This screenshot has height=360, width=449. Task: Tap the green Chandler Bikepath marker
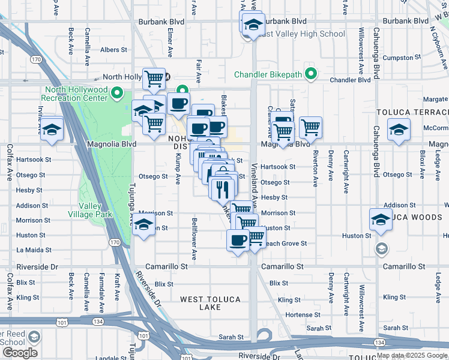pos(310,74)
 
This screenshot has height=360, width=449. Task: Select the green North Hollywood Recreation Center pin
pos(118,94)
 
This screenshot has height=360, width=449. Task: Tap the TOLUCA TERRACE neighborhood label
pos(412,113)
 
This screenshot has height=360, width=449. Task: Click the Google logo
pos(20,353)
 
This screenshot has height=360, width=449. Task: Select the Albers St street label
pos(114,50)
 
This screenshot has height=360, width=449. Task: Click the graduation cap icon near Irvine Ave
pos(52,129)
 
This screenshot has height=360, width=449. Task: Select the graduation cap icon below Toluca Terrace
pos(399,130)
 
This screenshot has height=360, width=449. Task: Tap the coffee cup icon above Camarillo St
pos(238,241)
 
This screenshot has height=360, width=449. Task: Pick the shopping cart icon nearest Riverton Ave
pos(310,127)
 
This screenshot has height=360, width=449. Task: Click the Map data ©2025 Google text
pos(412,355)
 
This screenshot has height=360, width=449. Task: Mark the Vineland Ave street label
pos(255,192)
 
